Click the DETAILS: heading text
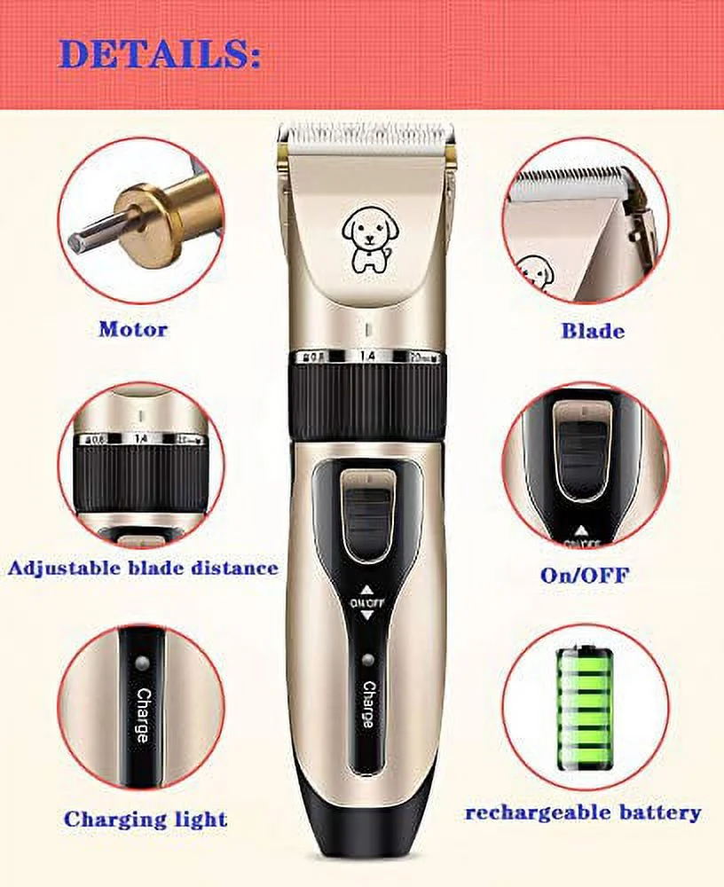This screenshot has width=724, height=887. [160, 55]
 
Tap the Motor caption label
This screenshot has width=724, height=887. [132, 329]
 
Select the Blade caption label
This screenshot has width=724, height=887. [592, 331]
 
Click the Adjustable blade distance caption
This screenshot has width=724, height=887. [143, 568]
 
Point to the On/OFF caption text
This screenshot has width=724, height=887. [585, 575]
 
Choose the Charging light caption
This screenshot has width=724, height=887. [146, 819]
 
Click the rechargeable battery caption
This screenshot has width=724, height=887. [583, 812]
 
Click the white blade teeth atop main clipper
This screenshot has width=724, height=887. [366, 135]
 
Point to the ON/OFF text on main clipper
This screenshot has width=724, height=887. [367, 602]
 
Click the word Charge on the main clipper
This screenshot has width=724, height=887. [367, 704]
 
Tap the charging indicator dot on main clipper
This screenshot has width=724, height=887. [367, 659]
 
